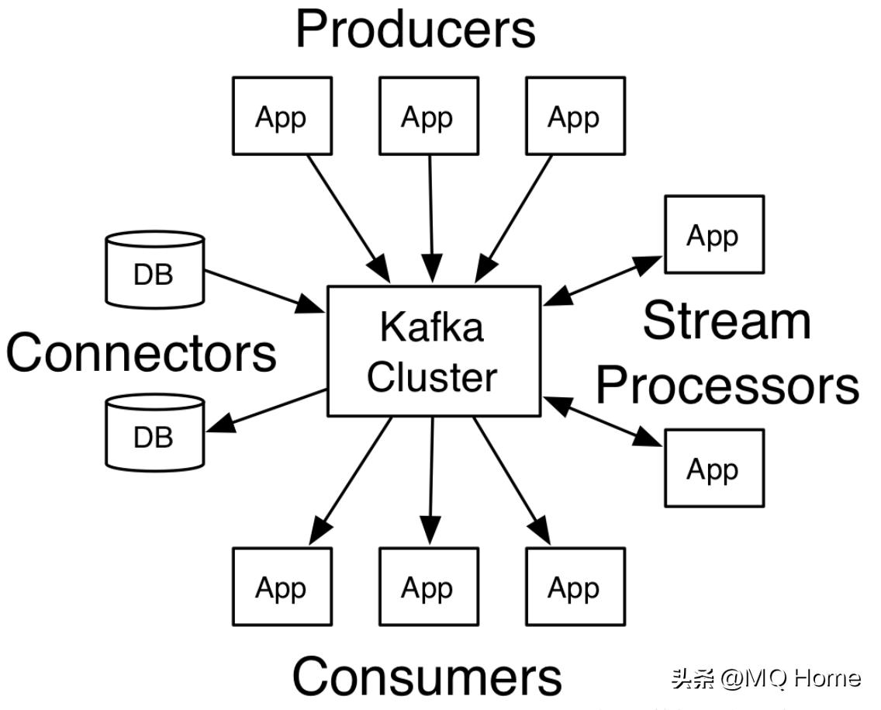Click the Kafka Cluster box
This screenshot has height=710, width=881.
(x=434, y=351)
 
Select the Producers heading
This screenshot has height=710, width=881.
(x=415, y=29)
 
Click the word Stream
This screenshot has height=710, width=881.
(x=727, y=320)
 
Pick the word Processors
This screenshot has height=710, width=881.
(x=727, y=384)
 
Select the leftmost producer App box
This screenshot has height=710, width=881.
(x=282, y=116)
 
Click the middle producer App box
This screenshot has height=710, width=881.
(x=428, y=116)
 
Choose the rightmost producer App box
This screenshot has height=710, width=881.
(x=575, y=116)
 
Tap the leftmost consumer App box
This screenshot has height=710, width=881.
(x=282, y=587)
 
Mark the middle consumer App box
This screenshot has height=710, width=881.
(x=428, y=587)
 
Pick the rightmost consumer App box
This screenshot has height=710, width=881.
(x=575, y=587)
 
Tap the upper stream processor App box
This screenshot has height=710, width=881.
(x=713, y=234)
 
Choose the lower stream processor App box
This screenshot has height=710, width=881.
(x=713, y=468)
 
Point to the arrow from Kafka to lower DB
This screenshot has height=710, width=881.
(x=266, y=410)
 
